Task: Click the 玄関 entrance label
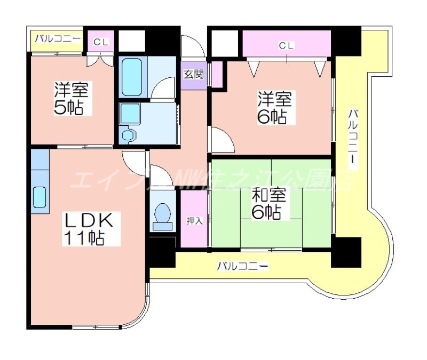(x=193, y=74)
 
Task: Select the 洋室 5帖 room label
(x=68, y=98)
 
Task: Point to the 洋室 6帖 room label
(x=274, y=107)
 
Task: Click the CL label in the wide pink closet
(x=287, y=46)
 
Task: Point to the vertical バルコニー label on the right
(x=353, y=137)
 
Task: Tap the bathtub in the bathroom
(x=131, y=77)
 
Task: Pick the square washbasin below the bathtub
(x=130, y=114)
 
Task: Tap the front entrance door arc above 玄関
(x=193, y=46)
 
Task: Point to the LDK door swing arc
(x=133, y=163)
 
